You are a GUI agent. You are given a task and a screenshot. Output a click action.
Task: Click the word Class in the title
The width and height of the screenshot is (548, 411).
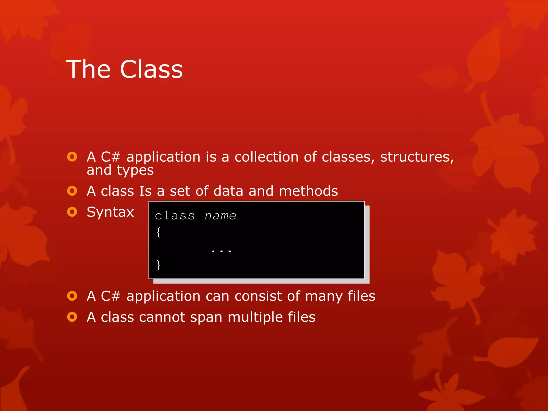(151, 69)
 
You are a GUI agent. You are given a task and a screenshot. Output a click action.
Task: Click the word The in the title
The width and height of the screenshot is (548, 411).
(88, 69)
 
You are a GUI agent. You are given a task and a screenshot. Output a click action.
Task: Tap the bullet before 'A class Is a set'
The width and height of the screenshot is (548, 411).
(72, 191)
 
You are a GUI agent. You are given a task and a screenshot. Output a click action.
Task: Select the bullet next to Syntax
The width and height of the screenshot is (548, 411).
(72, 212)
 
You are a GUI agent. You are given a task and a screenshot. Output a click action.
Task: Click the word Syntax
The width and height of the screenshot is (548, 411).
(110, 212)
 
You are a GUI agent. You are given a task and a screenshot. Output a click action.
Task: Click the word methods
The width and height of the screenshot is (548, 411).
(308, 191)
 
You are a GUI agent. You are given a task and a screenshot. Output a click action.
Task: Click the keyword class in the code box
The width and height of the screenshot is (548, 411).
(175, 216)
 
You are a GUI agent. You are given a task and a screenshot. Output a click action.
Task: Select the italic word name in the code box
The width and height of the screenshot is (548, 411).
(220, 216)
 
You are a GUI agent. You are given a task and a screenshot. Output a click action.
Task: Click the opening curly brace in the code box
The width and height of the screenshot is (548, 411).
(158, 232)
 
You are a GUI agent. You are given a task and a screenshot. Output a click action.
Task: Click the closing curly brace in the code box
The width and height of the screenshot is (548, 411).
(158, 265)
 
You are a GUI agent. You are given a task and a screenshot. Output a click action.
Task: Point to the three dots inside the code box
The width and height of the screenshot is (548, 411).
(221, 251)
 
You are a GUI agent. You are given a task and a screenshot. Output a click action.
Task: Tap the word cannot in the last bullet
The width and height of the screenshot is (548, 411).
(162, 317)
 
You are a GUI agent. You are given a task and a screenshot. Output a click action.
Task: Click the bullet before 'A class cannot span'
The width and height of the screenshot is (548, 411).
(72, 317)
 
